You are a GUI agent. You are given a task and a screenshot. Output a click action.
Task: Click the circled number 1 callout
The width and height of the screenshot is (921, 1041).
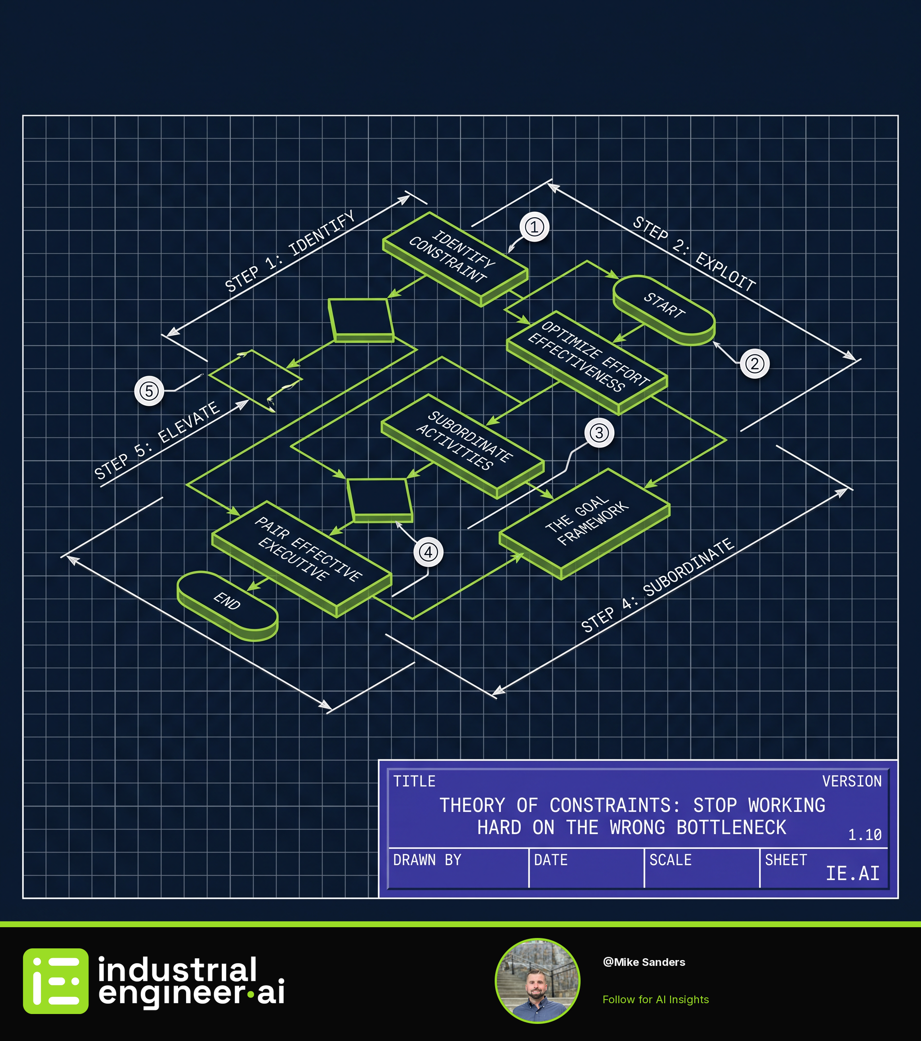tap(534, 227)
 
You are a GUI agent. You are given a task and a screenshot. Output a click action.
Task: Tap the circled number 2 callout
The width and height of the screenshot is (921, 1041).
tap(755, 363)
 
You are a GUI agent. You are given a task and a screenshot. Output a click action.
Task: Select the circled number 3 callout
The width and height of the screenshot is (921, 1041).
tap(599, 433)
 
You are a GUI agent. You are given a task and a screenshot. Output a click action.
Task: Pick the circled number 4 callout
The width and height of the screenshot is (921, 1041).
tap(428, 552)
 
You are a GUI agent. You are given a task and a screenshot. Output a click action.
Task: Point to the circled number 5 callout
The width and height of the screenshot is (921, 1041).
tap(149, 391)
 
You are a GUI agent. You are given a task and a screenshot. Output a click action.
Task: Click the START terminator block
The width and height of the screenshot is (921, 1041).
tap(664, 310)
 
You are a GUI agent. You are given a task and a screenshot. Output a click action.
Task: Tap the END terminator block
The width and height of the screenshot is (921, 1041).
tap(227, 606)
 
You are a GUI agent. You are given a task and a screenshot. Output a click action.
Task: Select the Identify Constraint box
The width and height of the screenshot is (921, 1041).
tap(455, 259)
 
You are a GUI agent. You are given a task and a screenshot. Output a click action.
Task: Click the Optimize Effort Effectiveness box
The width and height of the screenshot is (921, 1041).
tap(586, 362)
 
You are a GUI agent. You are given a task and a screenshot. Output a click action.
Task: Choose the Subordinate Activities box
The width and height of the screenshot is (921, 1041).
tap(462, 446)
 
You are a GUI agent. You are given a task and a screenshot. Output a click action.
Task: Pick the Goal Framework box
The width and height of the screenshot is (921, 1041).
tap(585, 523)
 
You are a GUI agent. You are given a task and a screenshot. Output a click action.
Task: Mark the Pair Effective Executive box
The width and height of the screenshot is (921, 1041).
tap(301, 558)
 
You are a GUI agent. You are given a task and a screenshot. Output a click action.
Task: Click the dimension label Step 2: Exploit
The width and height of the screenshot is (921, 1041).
tap(694, 254)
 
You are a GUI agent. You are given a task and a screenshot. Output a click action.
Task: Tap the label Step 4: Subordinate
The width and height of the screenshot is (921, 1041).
tap(658, 585)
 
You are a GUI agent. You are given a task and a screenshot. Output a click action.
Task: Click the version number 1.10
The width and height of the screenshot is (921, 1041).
tap(864, 835)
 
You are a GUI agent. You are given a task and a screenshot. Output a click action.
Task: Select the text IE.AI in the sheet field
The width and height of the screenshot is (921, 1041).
tap(852, 874)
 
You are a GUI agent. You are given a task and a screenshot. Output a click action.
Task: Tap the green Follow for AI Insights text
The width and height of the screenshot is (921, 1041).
tap(656, 999)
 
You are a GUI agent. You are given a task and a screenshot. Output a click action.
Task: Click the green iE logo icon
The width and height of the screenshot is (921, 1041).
tap(55, 981)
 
